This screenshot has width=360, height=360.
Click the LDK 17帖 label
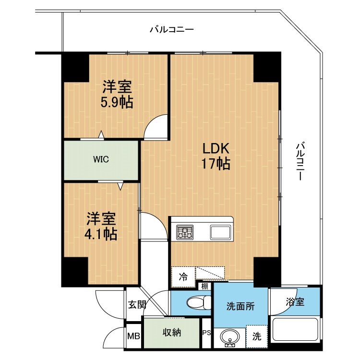coord(216,156)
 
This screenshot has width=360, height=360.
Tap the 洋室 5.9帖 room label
coord(117,95)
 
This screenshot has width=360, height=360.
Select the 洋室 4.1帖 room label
coord(101,226)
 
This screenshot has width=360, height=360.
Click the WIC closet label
coord(101,159)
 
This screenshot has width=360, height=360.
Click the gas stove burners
coord(185,231)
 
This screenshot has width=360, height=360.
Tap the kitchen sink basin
coord(220,232)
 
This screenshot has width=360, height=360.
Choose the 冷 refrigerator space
coord(183,276)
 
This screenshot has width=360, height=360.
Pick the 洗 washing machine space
coord(257,336)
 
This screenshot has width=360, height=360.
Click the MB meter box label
coord(133,336)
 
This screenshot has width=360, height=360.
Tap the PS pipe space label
coord(206,333)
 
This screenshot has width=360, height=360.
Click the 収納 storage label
coord(172,333)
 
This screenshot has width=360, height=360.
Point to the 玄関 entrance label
coord(137,305)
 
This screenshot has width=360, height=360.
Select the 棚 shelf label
coord(204,286)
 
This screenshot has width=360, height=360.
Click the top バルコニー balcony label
coord(172,30)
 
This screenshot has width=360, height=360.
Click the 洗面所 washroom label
coord(240,306)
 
